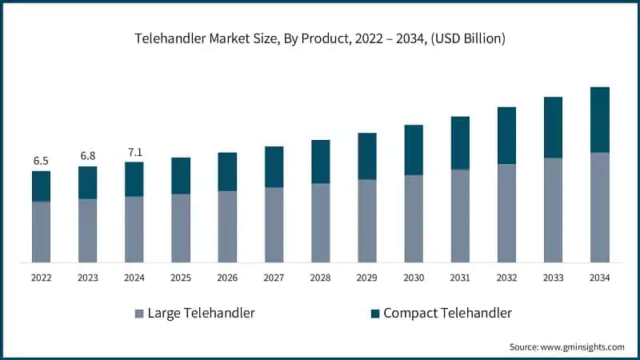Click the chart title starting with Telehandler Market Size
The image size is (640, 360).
point(320,38)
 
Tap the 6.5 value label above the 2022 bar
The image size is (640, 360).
point(41,161)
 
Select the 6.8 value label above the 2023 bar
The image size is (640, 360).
point(87,155)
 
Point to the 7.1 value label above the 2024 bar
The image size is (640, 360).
point(134,152)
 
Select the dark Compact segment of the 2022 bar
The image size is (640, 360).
point(41,186)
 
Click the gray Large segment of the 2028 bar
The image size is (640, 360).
point(320,222)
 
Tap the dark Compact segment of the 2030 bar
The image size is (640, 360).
point(413,150)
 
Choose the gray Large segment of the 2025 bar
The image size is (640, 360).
point(181,228)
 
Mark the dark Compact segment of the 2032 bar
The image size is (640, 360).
point(506,136)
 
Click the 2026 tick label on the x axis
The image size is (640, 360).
point(227,278)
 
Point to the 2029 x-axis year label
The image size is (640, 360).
point(366,278)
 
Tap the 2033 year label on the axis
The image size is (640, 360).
point(553,278)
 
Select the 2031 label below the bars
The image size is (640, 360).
point(460,278)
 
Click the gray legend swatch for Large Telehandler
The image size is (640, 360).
point(139,314)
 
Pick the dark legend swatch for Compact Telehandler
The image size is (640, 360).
point(374,314)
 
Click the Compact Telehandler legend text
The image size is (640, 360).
point(447,313)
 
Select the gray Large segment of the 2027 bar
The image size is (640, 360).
point(274,225)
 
